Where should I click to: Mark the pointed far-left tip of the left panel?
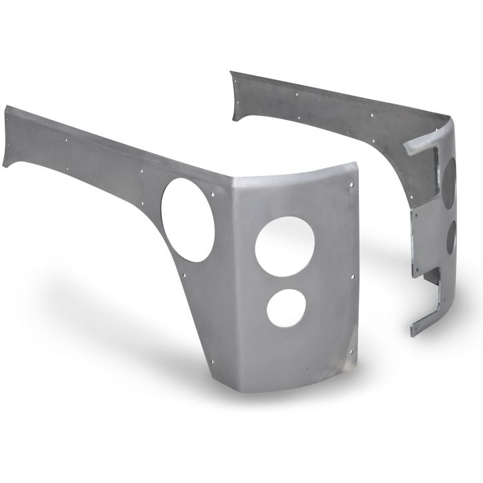(x=7, y=108)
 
